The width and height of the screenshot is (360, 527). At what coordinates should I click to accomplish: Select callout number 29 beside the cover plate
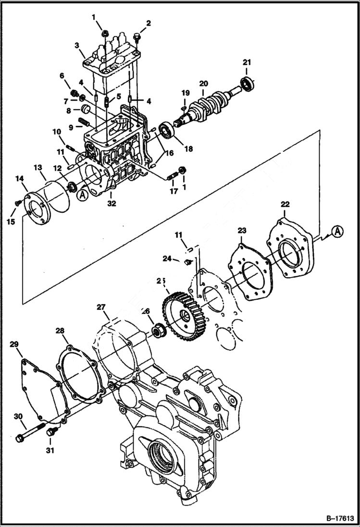[x=14, y=344]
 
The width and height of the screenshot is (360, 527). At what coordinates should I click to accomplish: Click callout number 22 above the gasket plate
[x=285, y=204]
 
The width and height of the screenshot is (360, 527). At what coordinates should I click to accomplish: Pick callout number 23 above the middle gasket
[x=241, y=231]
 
